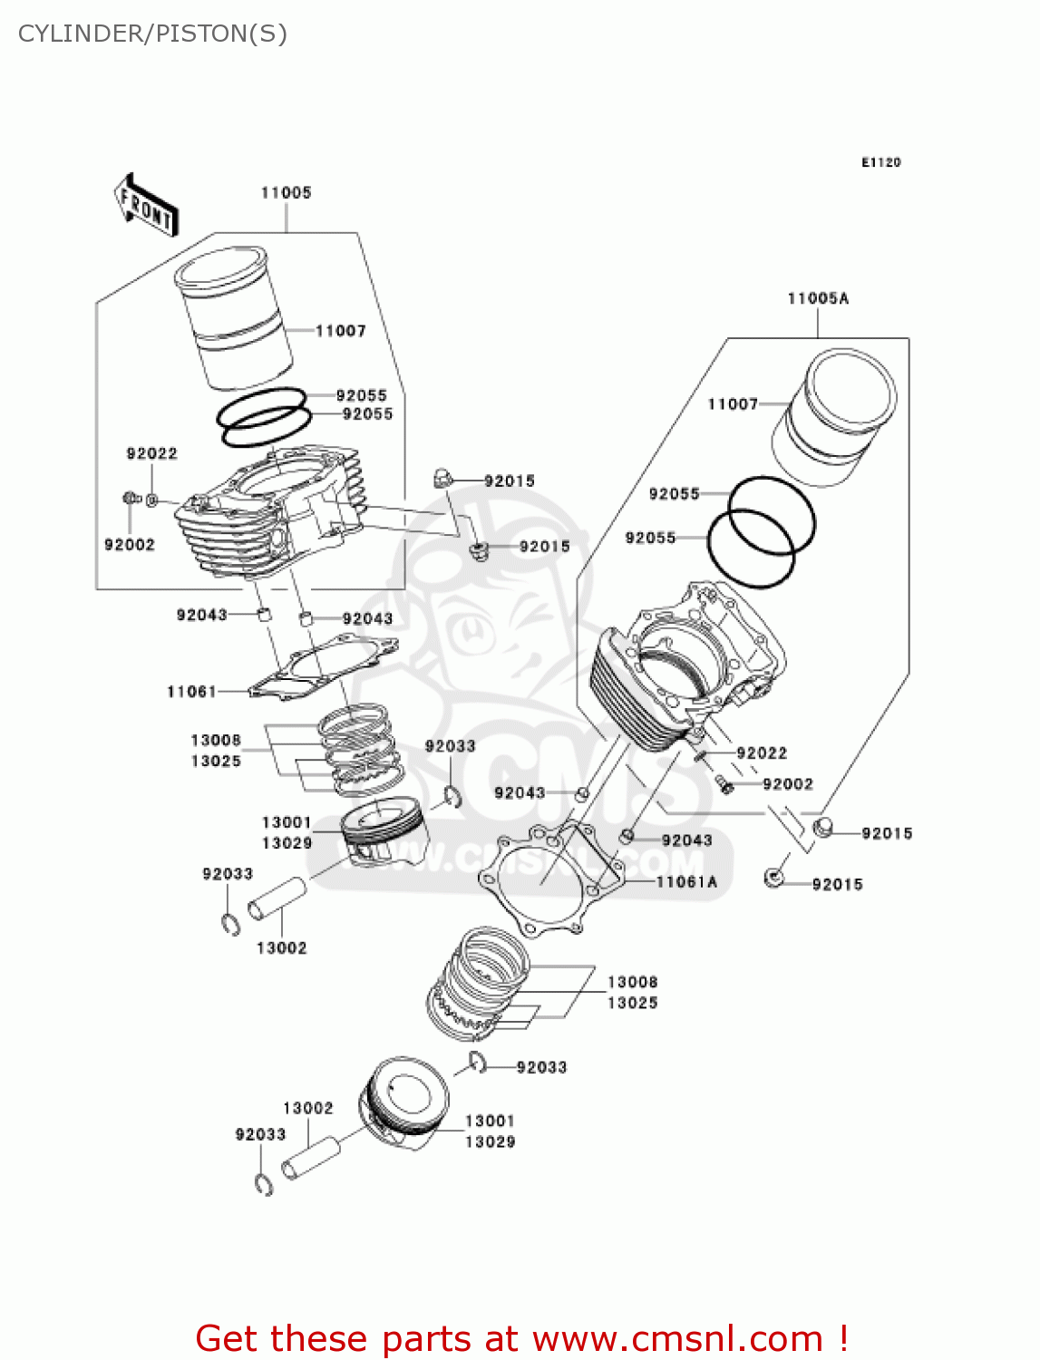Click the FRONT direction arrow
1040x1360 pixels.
(145, 206)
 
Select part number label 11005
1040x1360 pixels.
(286, 192)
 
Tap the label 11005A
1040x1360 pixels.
(818, 298)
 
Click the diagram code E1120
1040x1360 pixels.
(880, 162)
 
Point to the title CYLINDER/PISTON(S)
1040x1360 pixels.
(152, 34)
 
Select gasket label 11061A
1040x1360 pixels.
(686, 881)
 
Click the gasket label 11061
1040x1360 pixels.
(191, 692)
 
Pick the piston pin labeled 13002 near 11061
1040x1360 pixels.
(277, 898)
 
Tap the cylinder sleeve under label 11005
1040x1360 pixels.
(234, 317)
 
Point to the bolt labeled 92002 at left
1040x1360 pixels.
(130, 498)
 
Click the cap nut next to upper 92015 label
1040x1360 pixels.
(442, 477)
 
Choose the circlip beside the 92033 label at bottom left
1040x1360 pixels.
(264, 1184)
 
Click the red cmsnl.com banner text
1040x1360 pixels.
(521, 1338)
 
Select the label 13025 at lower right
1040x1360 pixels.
(632, 1003)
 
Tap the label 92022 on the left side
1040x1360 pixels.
(151, 453)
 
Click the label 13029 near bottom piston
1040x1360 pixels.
(490, 1141)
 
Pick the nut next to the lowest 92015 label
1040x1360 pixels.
(773, 877)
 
